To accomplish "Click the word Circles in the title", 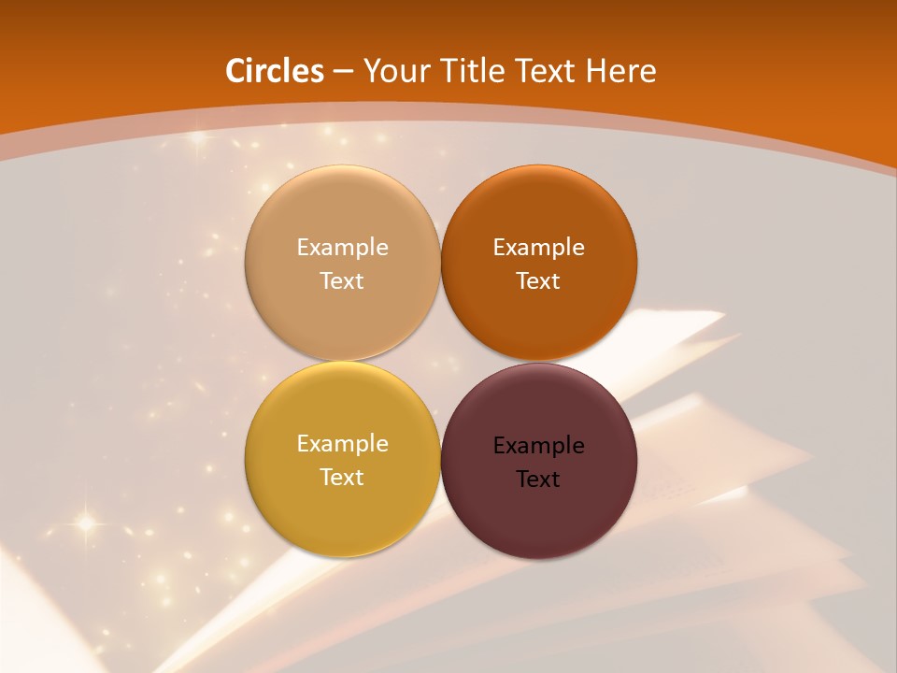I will pos(275,71).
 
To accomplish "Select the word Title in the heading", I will pos(471,71).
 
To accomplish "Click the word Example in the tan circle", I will pos(342,248).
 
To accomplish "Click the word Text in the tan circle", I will pos(342,281).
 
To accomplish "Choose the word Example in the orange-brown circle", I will pos(539,248).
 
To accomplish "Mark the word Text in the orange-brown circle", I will pos(539,281).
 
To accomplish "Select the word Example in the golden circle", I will pos(342,444).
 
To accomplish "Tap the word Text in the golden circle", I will pos(342,478).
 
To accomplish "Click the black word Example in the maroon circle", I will pos(539,446).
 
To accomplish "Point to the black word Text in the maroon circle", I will pos(539,480).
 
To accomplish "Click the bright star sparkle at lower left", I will pos(85,523).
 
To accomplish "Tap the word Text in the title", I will pos(546,71).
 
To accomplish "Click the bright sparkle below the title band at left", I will pos(197,141).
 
